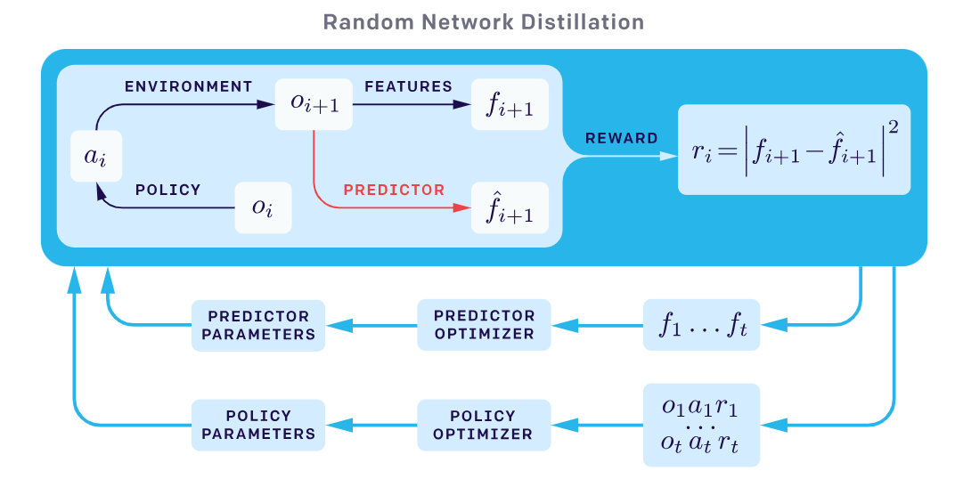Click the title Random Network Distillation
tap(483, 21)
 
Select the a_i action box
tap(95, 157)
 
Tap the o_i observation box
tap(263, 207)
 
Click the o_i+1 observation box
tap(314, 104)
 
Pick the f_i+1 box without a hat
tap(510, 104)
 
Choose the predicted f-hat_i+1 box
tap(510, 208)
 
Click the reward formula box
tap(794, 150)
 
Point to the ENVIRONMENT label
tap(188, 86)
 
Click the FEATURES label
tap(408, 86)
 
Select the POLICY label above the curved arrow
tap(167, 190)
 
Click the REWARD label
tap(621, 138)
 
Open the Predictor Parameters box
tap(258, 325)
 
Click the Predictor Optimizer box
tap(484, 325)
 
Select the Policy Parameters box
tap(258, 426)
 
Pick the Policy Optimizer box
tap(484, 426)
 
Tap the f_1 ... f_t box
tap(702, 325)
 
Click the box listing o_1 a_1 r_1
tap(702, 426)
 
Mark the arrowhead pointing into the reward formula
tap(668, 157)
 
